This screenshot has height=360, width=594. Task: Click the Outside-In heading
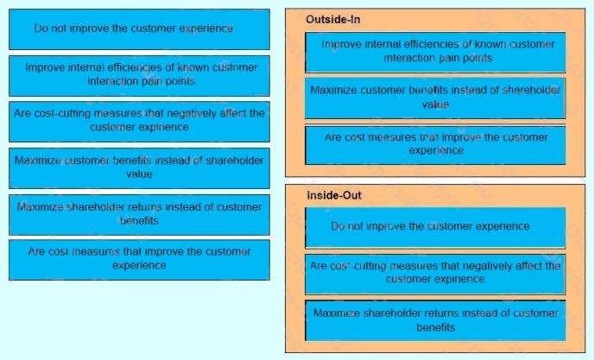tap(332, 19)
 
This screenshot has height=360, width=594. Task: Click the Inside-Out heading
tap(334, 195)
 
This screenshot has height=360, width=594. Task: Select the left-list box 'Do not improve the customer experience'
tap(139, 29)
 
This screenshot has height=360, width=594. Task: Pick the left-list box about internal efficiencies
tap(139, 76)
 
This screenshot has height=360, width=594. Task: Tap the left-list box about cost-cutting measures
tap(139, 122)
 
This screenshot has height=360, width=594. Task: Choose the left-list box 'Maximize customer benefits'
tap(139, 168)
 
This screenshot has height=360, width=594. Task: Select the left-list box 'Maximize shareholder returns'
tap(139, 215)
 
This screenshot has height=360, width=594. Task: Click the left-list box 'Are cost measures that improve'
tap(139, 260)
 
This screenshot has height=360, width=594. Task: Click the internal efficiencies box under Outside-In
tap(435, 53)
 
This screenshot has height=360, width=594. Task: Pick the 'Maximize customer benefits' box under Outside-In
tap(435, 98)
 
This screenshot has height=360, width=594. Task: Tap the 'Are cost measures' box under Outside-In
tap(435, 145)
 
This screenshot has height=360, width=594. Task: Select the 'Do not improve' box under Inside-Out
tap(435, 227)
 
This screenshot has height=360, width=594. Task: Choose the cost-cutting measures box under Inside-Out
tap(435, 274)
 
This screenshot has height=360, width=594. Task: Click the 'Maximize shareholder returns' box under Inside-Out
tap(435, 320)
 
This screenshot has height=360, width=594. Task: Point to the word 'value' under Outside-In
tap(435, 104)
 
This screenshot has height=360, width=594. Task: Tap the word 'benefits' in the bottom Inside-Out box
tap(436, 327)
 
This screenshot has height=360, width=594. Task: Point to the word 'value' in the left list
tap(139, 174)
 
